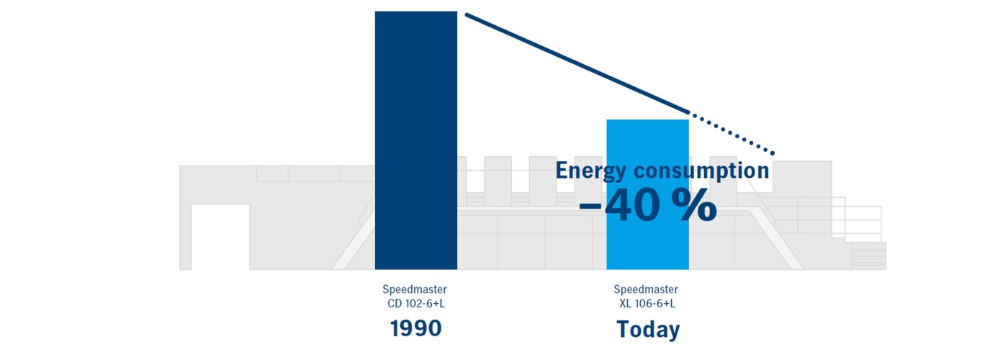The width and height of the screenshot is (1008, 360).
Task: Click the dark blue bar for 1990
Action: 415,140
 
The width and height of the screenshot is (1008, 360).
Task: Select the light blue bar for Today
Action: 647,245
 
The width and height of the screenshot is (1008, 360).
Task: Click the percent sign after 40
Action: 695,207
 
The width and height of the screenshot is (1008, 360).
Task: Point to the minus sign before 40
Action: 590,207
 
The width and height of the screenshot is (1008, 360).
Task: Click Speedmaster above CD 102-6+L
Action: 415,290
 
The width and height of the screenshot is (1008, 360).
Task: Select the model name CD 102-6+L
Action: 415,304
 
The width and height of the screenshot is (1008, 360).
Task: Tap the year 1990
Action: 415,329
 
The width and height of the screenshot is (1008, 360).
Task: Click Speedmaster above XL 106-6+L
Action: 646,290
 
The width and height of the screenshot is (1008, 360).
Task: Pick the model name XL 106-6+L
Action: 647,304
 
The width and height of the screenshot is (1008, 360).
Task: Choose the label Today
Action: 647,330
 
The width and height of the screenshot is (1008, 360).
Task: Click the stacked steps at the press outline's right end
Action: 868,256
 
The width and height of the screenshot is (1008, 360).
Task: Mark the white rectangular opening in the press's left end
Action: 220,237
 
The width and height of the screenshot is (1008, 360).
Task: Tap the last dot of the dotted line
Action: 773,153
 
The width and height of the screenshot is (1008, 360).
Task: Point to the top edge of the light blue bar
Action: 647,120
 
